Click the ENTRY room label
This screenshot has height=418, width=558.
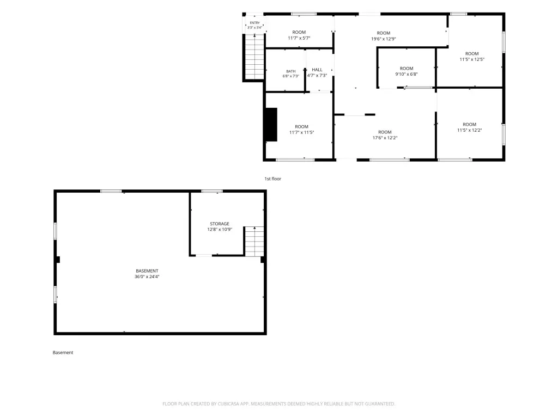coord(255,23)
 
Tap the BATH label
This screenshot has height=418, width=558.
coord(291,71)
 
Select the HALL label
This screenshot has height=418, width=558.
coord(317,70)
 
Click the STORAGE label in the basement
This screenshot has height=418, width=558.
coord(220,224)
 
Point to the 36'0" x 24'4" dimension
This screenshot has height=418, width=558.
coord(147,276)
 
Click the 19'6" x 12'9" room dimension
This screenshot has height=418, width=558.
coord(384,39)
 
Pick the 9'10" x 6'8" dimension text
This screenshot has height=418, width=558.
coord(407,74)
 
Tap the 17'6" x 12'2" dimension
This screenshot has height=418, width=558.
coord(385,138)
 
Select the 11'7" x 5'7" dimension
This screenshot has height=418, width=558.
coord(299,38)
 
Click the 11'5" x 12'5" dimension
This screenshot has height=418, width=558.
coord(472,59)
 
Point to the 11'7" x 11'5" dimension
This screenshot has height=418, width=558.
coord(301,133)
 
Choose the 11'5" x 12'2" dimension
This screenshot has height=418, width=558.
coord(469,130)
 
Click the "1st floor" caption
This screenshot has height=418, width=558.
coord(272,179)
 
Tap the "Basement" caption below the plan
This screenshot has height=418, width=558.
coord(63,353)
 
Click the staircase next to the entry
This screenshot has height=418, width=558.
coord(254,57)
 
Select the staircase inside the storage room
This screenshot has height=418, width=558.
coord(254,241)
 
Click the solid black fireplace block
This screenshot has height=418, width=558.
coord(271,125)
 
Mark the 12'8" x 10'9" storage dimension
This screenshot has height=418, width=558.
coord(220,230)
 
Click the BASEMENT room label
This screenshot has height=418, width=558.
coord(147,271)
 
